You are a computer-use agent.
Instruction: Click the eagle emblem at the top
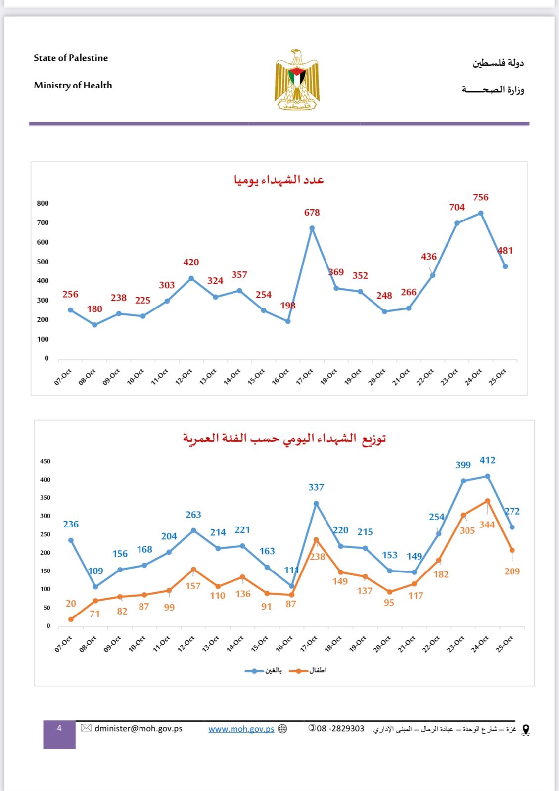pyautogui.click(x=297, y=80)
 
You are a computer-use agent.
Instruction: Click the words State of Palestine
pyautogui.click(x=71, y=58)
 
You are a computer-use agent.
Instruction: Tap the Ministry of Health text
pyautogui.click(x=73, y=85)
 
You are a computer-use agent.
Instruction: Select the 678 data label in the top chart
pyautogui.click(x=312, y=213)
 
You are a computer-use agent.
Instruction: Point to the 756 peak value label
pyautogui.click(x=480, y=197)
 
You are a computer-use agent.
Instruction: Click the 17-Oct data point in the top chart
pyautogui.click(x=312, y=228)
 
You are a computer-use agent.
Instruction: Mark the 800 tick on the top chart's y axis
pyautogui.click(x=43, y=203)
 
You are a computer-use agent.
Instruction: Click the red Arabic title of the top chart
pyautogui.click(x=279, y=179)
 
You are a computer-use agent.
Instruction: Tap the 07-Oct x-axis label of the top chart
pyautogui.click(x=63, y=377)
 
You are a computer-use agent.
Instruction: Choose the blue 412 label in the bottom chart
pyautogui.click(x=487, y=460)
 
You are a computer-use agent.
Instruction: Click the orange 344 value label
pyautogui.click(x=487, y=525)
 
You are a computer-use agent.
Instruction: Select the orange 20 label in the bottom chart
pyautogui.click(x=71, y=604)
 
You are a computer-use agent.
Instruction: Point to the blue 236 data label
pyautogui.click(x=71, y=524)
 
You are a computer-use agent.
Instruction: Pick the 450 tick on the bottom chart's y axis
pyautogui.click(x=45, y=461)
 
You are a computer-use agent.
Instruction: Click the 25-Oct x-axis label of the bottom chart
pyautogui.click(x=505, y=644)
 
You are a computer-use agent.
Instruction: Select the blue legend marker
pyautogui.click(x=254, y=671)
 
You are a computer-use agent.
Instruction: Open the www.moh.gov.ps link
pyautogui.click(x=241, y=729)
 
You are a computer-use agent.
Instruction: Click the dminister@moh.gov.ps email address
pyautogui.click(x=139, y=728)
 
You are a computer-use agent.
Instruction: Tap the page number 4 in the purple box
pyautogui.click(x=59, y=728)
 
